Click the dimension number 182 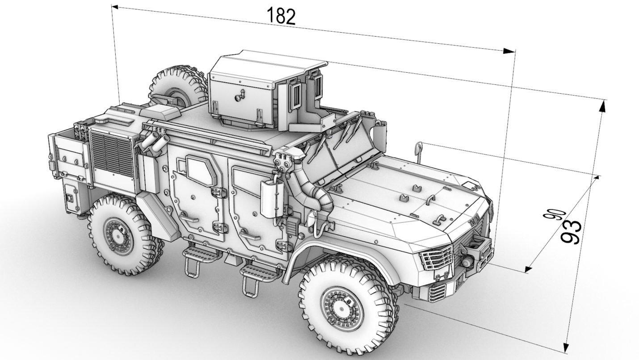281,16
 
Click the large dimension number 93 571,232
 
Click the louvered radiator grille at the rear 112,155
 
